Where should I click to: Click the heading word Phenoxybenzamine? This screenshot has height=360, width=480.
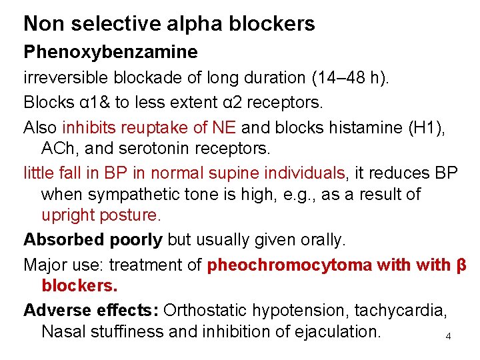click(x=111, y=52)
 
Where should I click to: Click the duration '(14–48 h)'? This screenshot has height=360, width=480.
click(x=351, y=77)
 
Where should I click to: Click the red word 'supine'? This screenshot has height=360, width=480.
click(x=243, y=173)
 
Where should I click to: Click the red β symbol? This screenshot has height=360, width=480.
click(x=461, y=265)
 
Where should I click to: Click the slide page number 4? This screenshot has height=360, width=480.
click(x=448, y=337)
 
